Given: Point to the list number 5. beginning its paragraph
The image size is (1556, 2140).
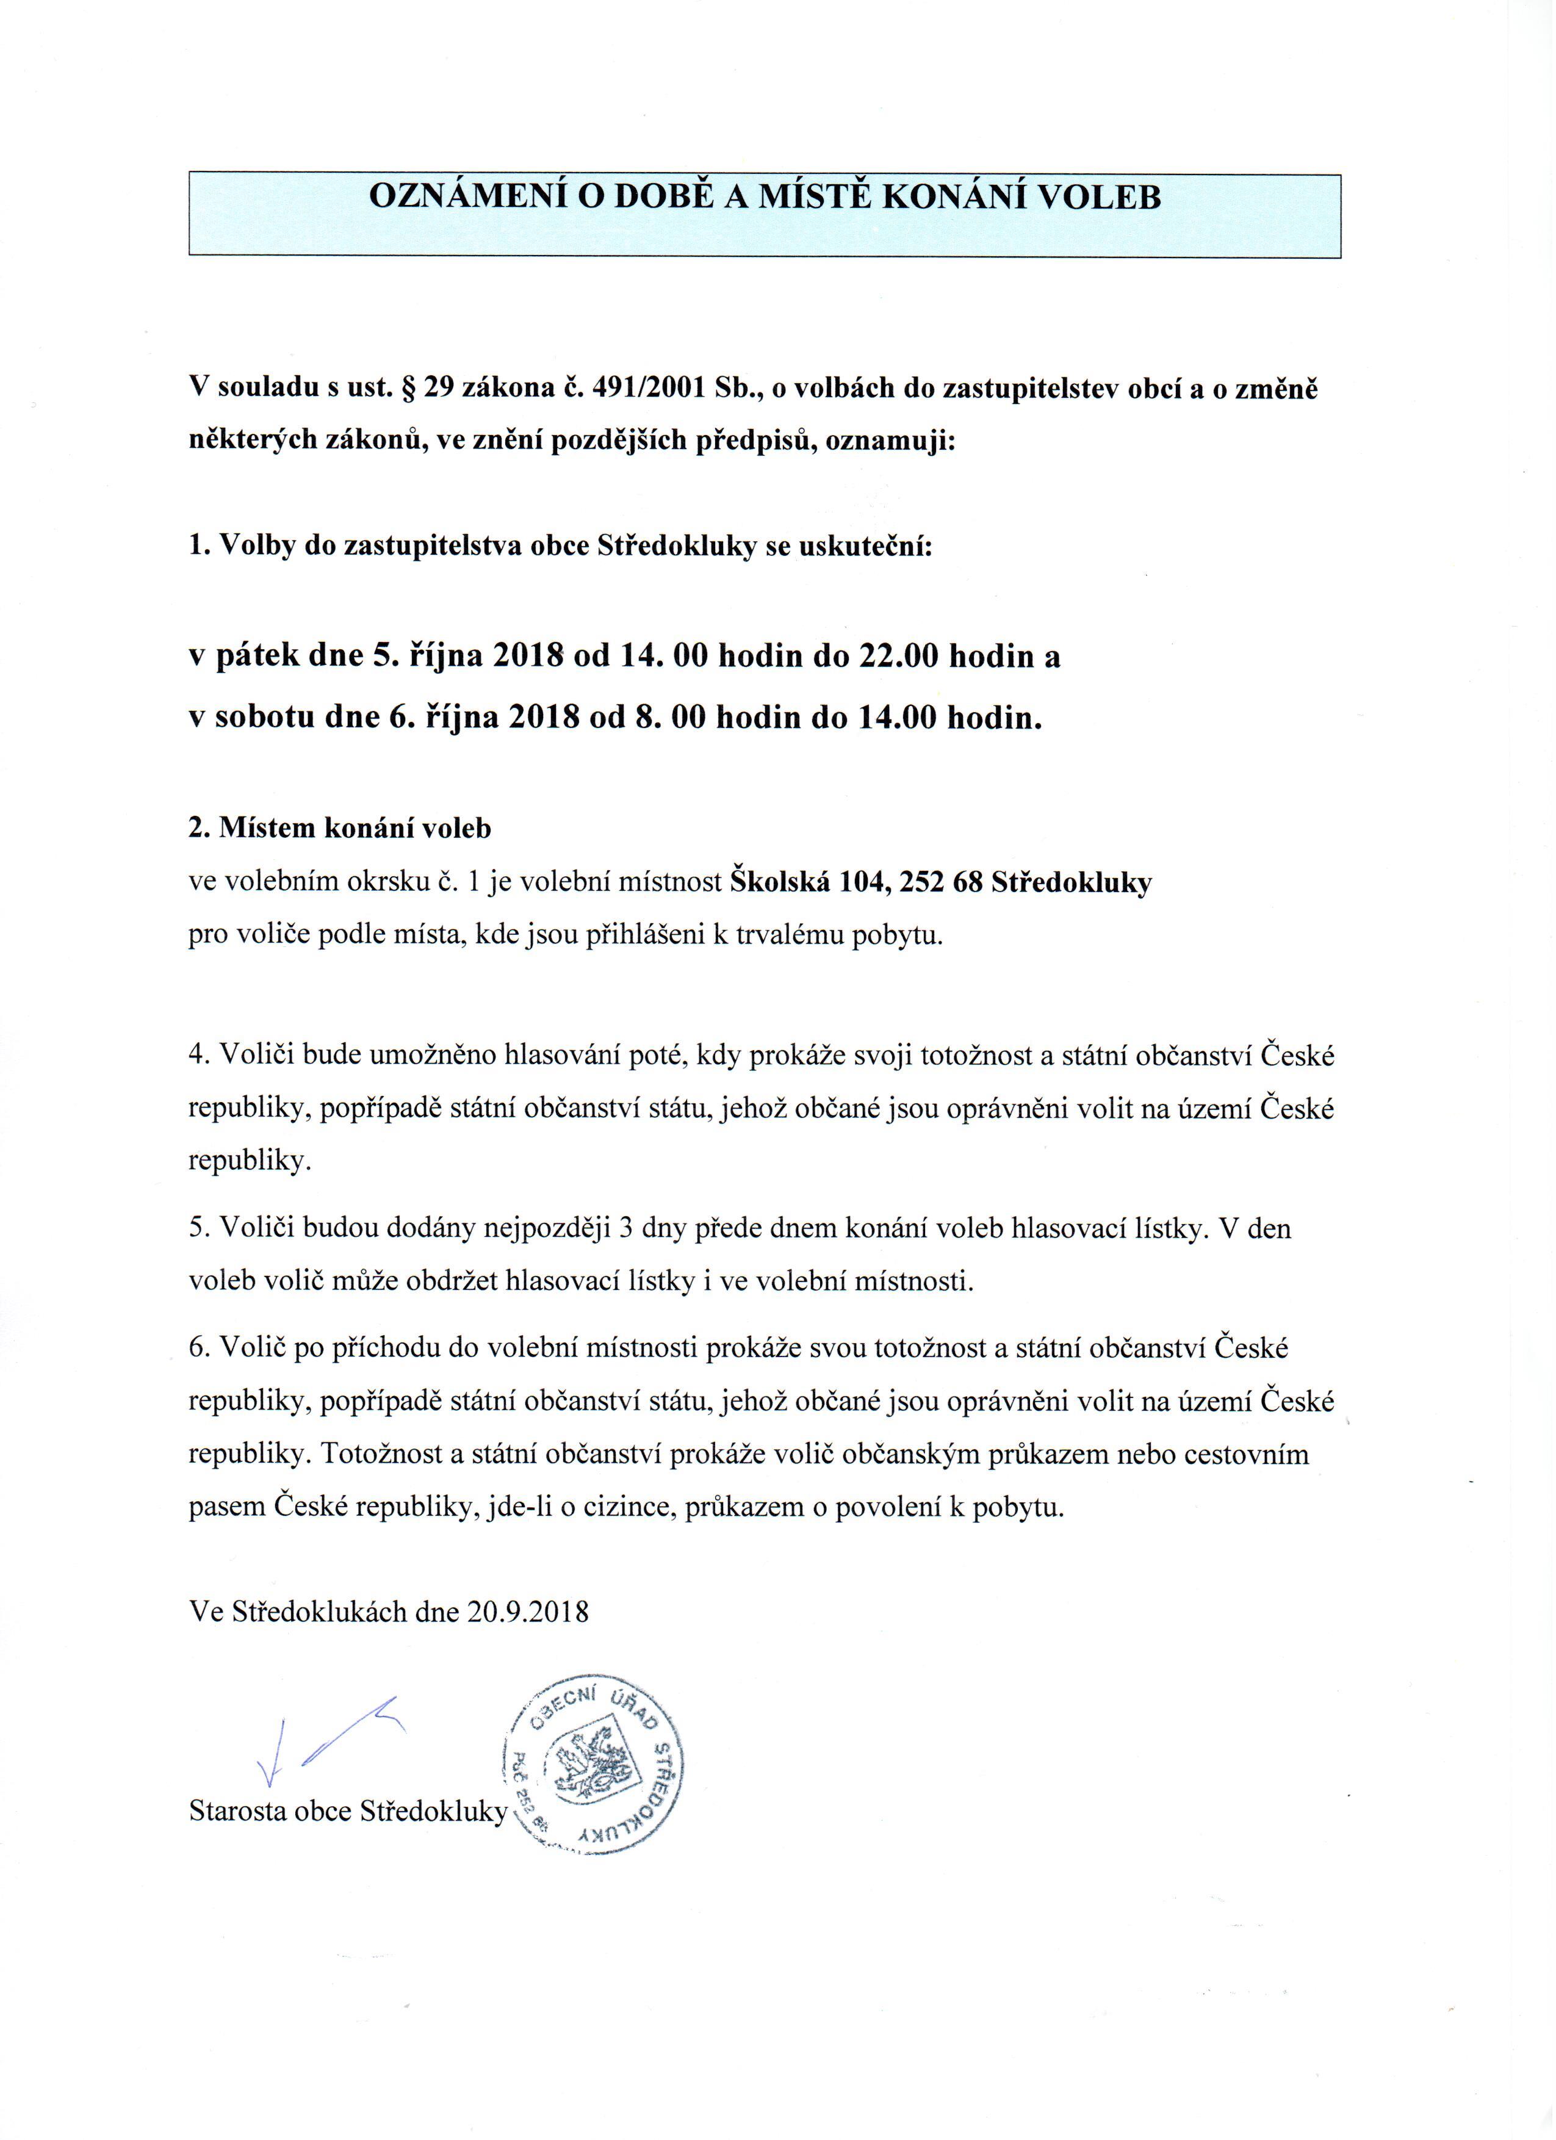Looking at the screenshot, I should (198, 1228).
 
